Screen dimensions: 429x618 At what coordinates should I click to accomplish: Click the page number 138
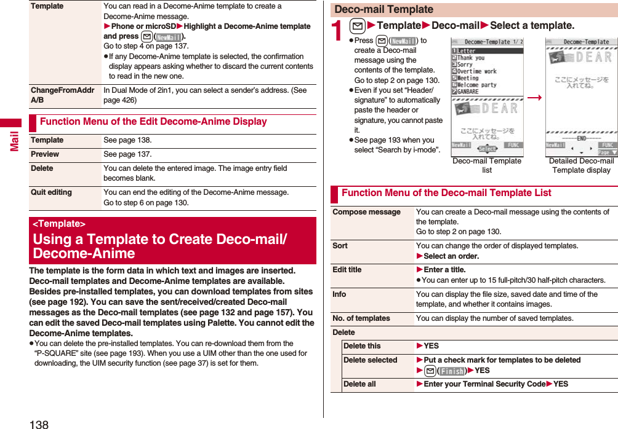click(38, 424)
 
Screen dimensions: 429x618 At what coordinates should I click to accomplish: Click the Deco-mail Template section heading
click(383, 10)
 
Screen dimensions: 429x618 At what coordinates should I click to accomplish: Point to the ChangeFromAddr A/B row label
click(62, 95)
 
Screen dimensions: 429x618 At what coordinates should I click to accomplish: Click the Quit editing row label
click(51, 192)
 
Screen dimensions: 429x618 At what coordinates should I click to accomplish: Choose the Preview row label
click(45, 154)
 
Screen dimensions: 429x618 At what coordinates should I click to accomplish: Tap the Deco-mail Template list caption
click(486, 165)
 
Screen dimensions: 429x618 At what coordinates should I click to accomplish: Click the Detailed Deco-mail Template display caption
click(581, 165)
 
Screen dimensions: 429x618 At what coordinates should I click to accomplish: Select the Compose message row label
click(366, 212)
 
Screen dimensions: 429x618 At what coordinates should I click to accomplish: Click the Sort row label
click(340, 246)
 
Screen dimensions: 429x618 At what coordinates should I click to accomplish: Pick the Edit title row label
click(347, 270)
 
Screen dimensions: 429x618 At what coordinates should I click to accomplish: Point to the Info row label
click(339, 294)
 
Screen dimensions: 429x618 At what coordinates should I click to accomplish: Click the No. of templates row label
click(361, 318)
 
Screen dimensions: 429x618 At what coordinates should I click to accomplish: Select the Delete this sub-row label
click(362, 346)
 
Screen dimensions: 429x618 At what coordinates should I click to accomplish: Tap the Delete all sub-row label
click(359, 384)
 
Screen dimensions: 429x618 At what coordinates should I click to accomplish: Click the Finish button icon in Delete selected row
click(452, 371)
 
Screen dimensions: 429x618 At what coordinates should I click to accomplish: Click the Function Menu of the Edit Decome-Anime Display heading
click(153, 122)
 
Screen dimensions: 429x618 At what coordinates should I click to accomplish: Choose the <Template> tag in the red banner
click(59, 224)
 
